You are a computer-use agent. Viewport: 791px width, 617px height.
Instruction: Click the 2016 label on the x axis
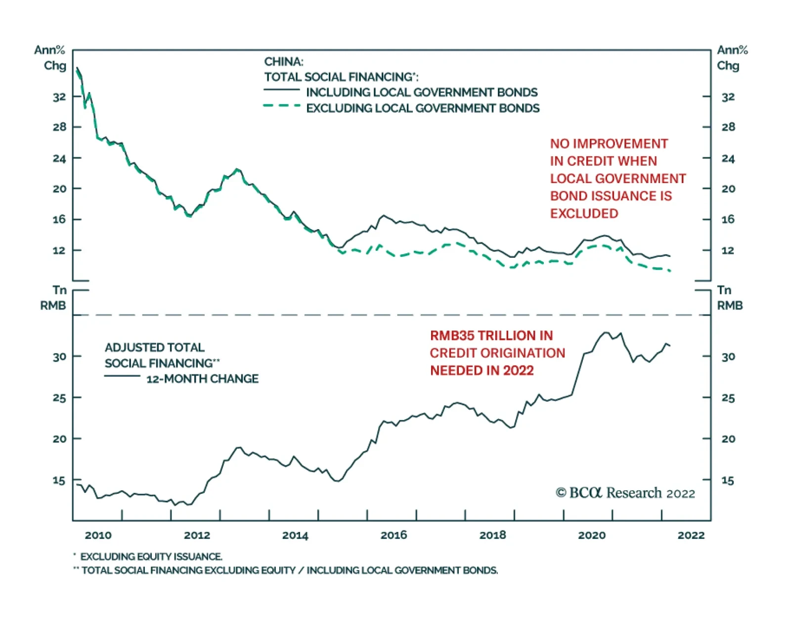394,535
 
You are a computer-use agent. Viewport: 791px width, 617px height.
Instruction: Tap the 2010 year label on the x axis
98,535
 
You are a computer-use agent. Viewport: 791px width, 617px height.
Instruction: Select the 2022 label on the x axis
691,535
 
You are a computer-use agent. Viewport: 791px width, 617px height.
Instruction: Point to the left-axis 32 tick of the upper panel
59,97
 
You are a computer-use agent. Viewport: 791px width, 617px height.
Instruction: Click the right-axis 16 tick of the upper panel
728,219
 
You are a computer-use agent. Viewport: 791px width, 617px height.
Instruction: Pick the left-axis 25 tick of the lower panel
59,398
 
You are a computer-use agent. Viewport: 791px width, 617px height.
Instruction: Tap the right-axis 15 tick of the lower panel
728,480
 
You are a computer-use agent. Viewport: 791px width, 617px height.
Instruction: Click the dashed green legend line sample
281,106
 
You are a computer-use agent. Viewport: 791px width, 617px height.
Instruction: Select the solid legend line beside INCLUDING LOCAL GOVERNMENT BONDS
281,90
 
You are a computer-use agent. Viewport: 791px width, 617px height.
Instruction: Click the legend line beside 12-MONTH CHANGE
122,377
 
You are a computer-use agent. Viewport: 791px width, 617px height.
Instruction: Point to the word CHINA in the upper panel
283,62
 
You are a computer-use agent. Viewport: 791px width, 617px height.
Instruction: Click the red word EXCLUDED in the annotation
584,214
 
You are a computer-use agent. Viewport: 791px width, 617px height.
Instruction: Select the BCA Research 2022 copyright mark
625,493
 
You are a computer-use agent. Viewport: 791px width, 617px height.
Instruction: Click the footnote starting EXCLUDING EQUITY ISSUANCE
151,557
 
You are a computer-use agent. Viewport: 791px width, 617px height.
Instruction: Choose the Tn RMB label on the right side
729,298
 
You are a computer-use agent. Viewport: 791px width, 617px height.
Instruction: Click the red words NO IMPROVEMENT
609,144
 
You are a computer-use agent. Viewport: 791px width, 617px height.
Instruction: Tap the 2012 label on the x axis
197,535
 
